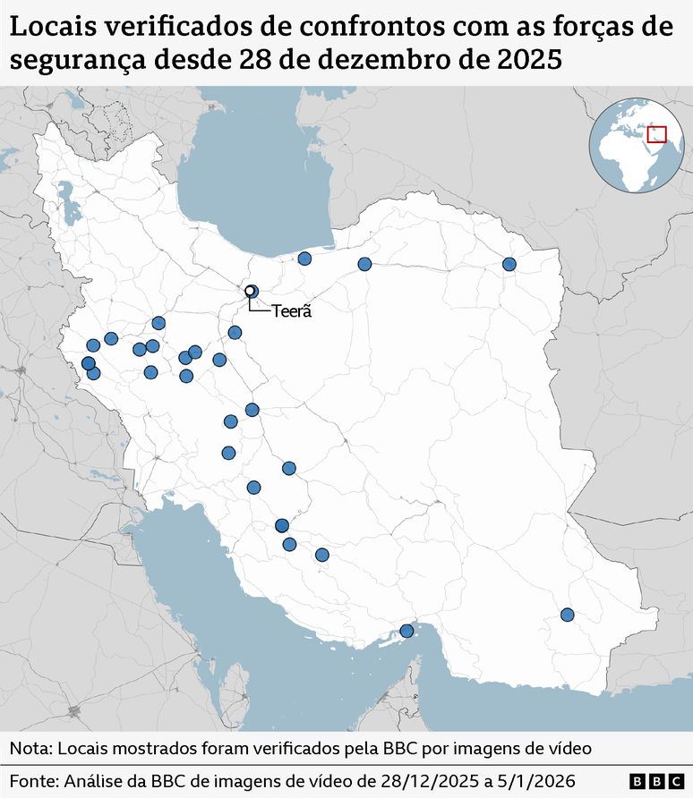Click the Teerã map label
[291, 311]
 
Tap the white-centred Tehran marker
[251, 291]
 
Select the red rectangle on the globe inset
[657, 135]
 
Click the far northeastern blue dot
[509, 264]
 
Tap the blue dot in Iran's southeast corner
[567, 615]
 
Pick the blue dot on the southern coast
[406, 631]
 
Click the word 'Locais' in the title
[51, 27]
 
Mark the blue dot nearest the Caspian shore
[304, 259]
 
